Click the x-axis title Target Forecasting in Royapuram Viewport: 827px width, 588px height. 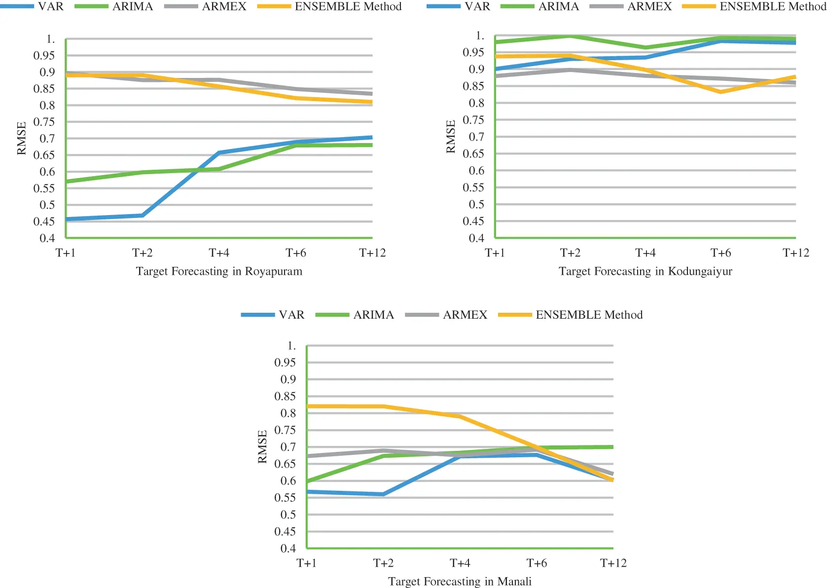tap(219, 271)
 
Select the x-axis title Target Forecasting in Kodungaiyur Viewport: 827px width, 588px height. tap(645, 271)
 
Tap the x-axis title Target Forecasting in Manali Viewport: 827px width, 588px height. tap(460, 582)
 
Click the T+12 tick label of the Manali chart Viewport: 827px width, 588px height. tap(613, 563)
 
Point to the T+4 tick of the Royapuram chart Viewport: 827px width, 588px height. tap(219, 253)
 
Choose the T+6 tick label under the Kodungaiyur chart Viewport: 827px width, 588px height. tap(720, 253)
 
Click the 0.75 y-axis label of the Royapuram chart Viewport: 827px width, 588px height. tap(44, 122)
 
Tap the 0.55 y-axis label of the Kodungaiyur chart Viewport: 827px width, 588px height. tap(473, 187)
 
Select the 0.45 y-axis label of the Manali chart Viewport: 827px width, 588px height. tap(285, 532)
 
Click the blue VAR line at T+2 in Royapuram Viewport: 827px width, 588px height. tap(143, 215)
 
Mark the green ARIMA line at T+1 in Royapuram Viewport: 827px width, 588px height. tap(67, 182)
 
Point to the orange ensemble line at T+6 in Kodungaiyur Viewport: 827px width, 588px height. tap(720, 92)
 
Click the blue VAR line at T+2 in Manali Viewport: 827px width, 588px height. tap(383, 494)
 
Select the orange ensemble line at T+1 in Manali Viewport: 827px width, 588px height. tap(308, 406)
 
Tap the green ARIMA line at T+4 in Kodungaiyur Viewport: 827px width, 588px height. tap(645, 48)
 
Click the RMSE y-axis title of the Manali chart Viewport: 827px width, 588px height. tap(262, 446)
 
